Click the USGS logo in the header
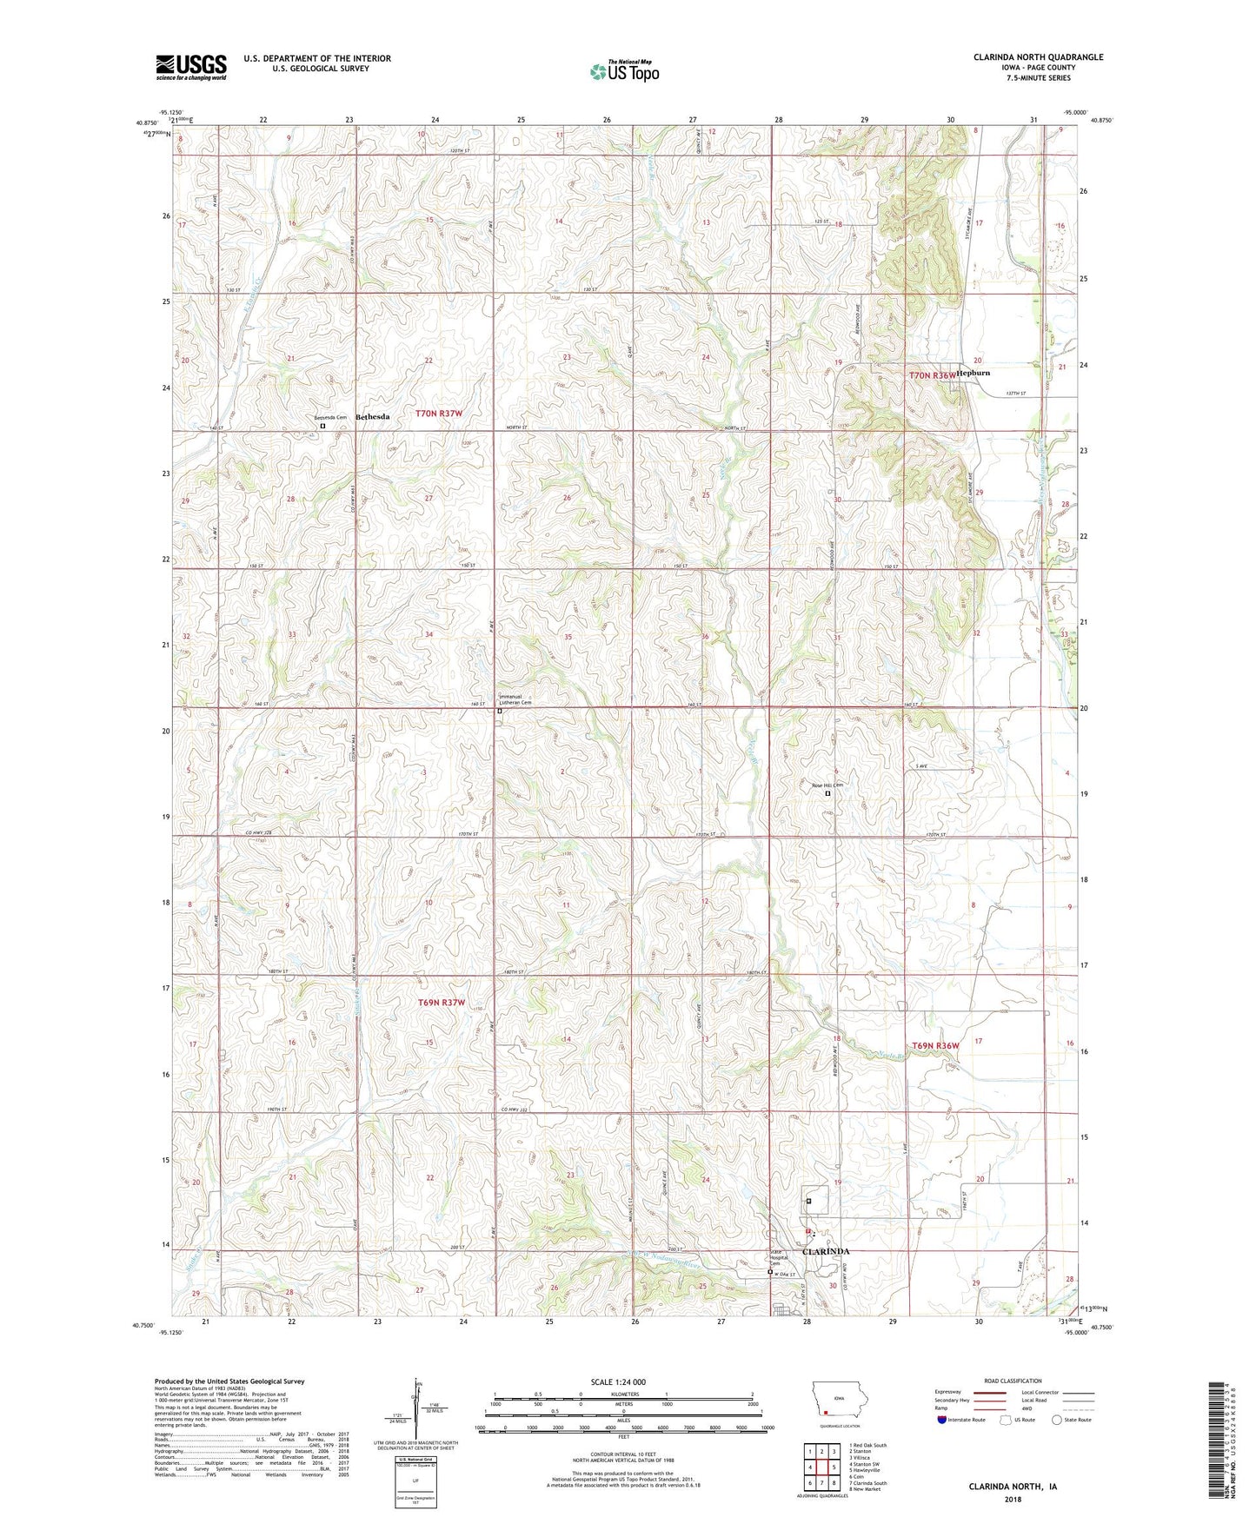click(x=191, y=67)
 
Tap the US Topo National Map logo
click(x=623, y=71)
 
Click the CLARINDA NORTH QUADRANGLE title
click(x=1038, y=57)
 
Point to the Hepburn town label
click(x=974, y=373)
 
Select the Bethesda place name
click(x=372, y=417)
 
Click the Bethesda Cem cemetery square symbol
click(x=322, y=427)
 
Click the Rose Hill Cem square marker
click(x=827, y=793)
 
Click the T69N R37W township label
click(x=442, y=1003)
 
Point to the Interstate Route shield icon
click(x=943, y=1420)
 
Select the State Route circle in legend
click(x=1056, y=1420)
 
